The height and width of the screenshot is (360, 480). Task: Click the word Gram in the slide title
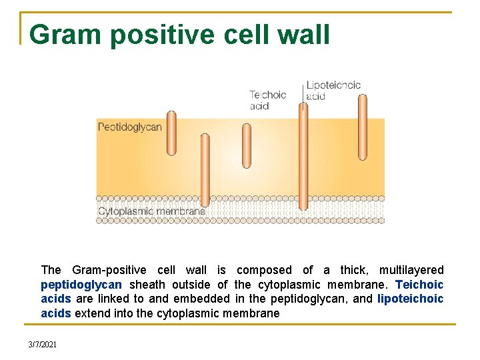pyautogui.click(x=65, y=35)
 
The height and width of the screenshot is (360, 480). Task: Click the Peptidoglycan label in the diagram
pyautogui.click(x=130, y=127)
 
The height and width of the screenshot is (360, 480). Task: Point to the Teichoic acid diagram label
pyautogui.click(x=268, y=100)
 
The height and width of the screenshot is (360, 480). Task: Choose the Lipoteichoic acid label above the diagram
pyautogui.click(x=333, y=90)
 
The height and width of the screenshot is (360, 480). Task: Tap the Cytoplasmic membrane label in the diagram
pyautogui.click(x=151, y=211)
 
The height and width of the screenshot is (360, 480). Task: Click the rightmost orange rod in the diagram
pyautogui.click(x=363, y=127)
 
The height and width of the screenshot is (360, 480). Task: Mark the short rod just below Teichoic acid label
pyautogui.click(x=247, y=146)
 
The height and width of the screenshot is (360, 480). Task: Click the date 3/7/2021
pyautogui.click(x=43, y=344)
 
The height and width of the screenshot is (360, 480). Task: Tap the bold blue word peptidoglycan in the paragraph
pyautogui.click(x=81, y=285)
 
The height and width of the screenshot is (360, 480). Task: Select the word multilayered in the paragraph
pyautogui.click(x=411, y=270)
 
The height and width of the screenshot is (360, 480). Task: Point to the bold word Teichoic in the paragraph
pyautogui.click(x=419, y=285)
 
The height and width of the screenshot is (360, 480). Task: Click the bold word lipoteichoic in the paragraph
pyautogui.click(x=410, y=299)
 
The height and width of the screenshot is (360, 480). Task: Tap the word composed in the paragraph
pyautogui.click(x=264, y=270)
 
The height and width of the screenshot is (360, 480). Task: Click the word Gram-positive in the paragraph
pyautogui.click(x=109, y=270)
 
